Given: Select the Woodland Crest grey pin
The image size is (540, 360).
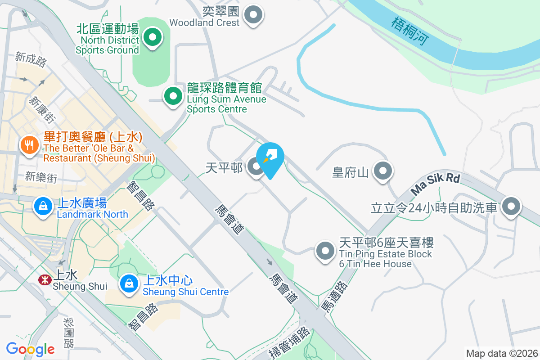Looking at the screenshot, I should (x=253, y=15).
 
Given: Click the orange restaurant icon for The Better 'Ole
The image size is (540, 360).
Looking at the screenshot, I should (x=29, y=145).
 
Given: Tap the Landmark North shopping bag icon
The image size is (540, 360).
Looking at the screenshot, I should (x=43, y=207).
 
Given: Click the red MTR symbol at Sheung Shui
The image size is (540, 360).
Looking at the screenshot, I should (x=45, y=280).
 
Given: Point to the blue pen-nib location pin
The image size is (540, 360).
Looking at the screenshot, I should (x=270, y=158).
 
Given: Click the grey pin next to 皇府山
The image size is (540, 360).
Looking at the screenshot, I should (x=383, y=171).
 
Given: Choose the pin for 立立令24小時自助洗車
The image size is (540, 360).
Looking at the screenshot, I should (x=511, y=207).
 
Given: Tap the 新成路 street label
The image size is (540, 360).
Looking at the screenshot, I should (x=31, y=59).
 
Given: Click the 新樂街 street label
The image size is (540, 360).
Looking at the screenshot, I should (x=41, y=177).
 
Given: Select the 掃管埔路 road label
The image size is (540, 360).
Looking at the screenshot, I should (x=291, y=343).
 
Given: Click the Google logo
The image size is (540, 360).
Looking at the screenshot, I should (x=30, y=349).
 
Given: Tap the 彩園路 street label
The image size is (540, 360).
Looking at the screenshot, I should (x=69, y=333).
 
